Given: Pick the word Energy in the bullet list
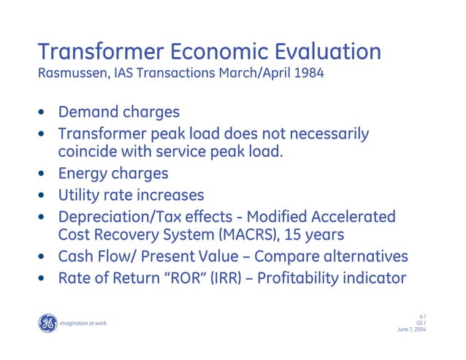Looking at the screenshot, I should point(83,174).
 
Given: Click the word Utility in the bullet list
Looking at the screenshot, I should point(80,195).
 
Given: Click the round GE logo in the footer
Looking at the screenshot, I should point(47,323).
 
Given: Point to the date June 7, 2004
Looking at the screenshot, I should point(411,329).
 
